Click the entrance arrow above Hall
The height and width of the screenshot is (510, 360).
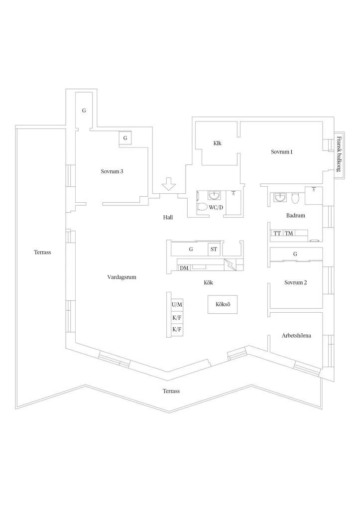pos(168,184)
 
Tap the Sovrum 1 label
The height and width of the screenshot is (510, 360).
pos(282,152)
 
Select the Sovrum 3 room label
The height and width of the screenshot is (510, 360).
pos(112,171)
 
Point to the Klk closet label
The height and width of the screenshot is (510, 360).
pos(217,143)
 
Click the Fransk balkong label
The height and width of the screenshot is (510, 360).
pos(339,154)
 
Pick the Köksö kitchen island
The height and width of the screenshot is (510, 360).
pos(223,304)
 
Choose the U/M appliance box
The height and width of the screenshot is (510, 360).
pos(177,305)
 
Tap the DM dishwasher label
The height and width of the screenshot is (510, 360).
pos(184,268)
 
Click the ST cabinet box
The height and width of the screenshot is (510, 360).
pos(214,250)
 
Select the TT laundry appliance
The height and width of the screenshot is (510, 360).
pos(277,233)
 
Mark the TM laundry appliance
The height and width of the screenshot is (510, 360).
pos(289,233)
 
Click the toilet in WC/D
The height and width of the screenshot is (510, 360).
pos(202,207)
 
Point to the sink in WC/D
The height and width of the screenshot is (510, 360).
pos(214,195)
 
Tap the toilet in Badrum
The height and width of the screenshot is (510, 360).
pos(295,198)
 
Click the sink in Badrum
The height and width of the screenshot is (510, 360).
pos(280,197)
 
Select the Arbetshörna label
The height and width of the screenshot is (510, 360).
pos(296,336)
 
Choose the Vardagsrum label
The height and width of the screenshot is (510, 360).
pos(121,277)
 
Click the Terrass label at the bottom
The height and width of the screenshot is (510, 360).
pos(171,391)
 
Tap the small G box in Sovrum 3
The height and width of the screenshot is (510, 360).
pos(125,138)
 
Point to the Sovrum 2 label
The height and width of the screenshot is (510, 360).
pos(296,282)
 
